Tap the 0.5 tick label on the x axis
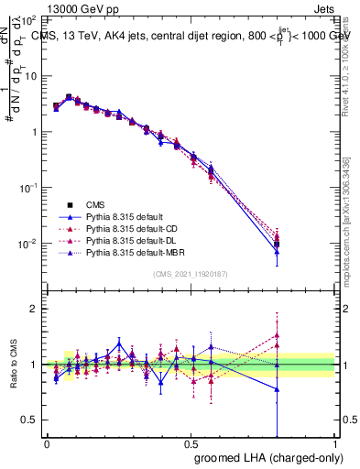pos(191,443)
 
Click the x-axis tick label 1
pos(336,443)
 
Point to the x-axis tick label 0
pos(47,443)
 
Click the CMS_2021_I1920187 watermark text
pos(191,274)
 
